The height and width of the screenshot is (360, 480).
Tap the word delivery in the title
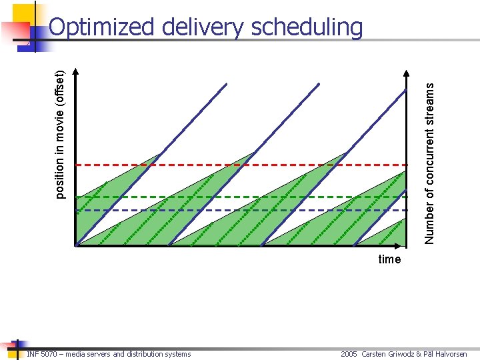pos(204,27)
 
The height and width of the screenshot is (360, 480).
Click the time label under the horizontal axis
pos(389,259)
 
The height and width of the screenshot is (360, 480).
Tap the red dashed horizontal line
pos(200,164)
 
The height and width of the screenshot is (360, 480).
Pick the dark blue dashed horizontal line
pos(200,210)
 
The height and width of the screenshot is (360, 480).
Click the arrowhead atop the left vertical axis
pos(76,70)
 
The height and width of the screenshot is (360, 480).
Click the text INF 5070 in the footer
pos(41,354)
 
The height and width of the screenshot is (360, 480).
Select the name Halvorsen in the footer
pos(451,354)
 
